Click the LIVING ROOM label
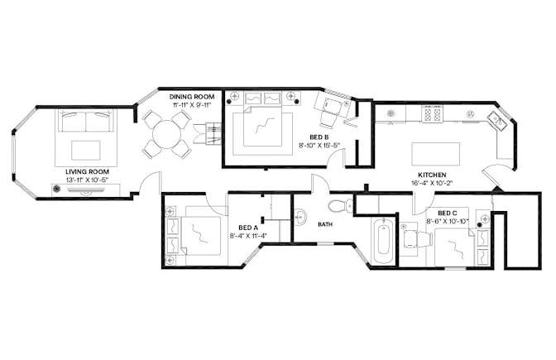click(87, 172)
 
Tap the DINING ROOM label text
click(191, 97)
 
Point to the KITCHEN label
click(432, 175)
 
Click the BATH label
click(325, 224)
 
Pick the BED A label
click(248, 228)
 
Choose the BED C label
click(447, 214)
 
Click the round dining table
click(166, 134)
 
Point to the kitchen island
click(436, 154)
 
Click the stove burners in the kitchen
click(432, 114)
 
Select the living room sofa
click(86, 121)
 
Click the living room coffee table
click(85, 151)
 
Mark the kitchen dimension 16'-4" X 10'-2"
click(432, 183)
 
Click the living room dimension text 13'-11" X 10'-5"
click(87, 180)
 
